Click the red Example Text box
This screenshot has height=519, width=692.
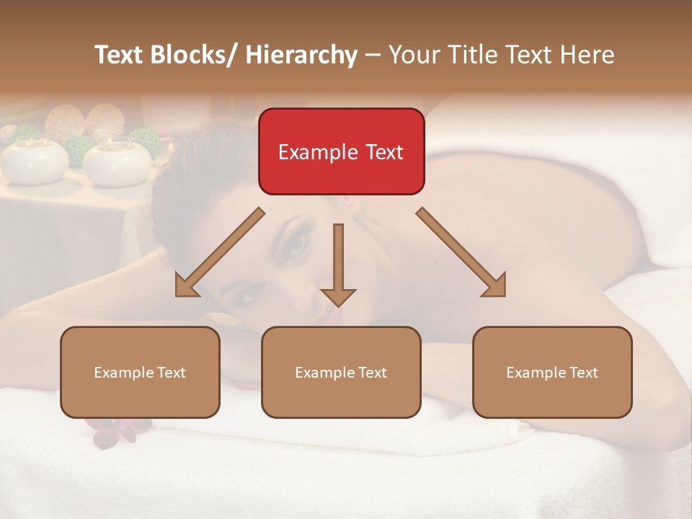click(341, 151)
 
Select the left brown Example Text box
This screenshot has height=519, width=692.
click(140, 372)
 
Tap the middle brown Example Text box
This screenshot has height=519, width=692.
click(341, 372)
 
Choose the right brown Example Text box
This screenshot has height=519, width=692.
click(552, 372)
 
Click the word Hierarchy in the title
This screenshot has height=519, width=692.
click(301, 55)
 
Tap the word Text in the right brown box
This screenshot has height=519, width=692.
click(582, 372)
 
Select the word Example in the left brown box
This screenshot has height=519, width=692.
click(123, 372)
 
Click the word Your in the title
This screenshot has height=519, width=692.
click(412, 55)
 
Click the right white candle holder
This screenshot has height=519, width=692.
click(117, 161)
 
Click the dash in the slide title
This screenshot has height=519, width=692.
click(373, 56)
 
